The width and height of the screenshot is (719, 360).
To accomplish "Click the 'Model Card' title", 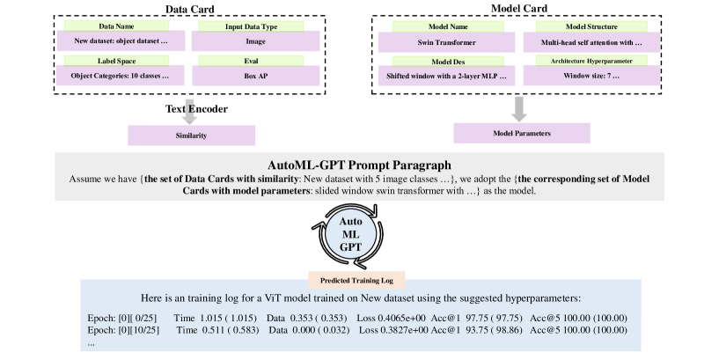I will coord(519,8).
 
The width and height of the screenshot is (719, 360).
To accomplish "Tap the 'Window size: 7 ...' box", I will coord(588,77).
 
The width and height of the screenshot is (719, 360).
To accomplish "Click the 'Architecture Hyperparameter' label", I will coord(588,62).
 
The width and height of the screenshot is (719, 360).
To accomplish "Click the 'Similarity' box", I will coord(191,136).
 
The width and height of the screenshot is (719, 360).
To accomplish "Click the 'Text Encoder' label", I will coord(197,109).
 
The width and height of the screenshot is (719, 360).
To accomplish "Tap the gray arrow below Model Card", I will coord(519,107).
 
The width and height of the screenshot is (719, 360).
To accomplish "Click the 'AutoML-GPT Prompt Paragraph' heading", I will coord(359,165).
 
